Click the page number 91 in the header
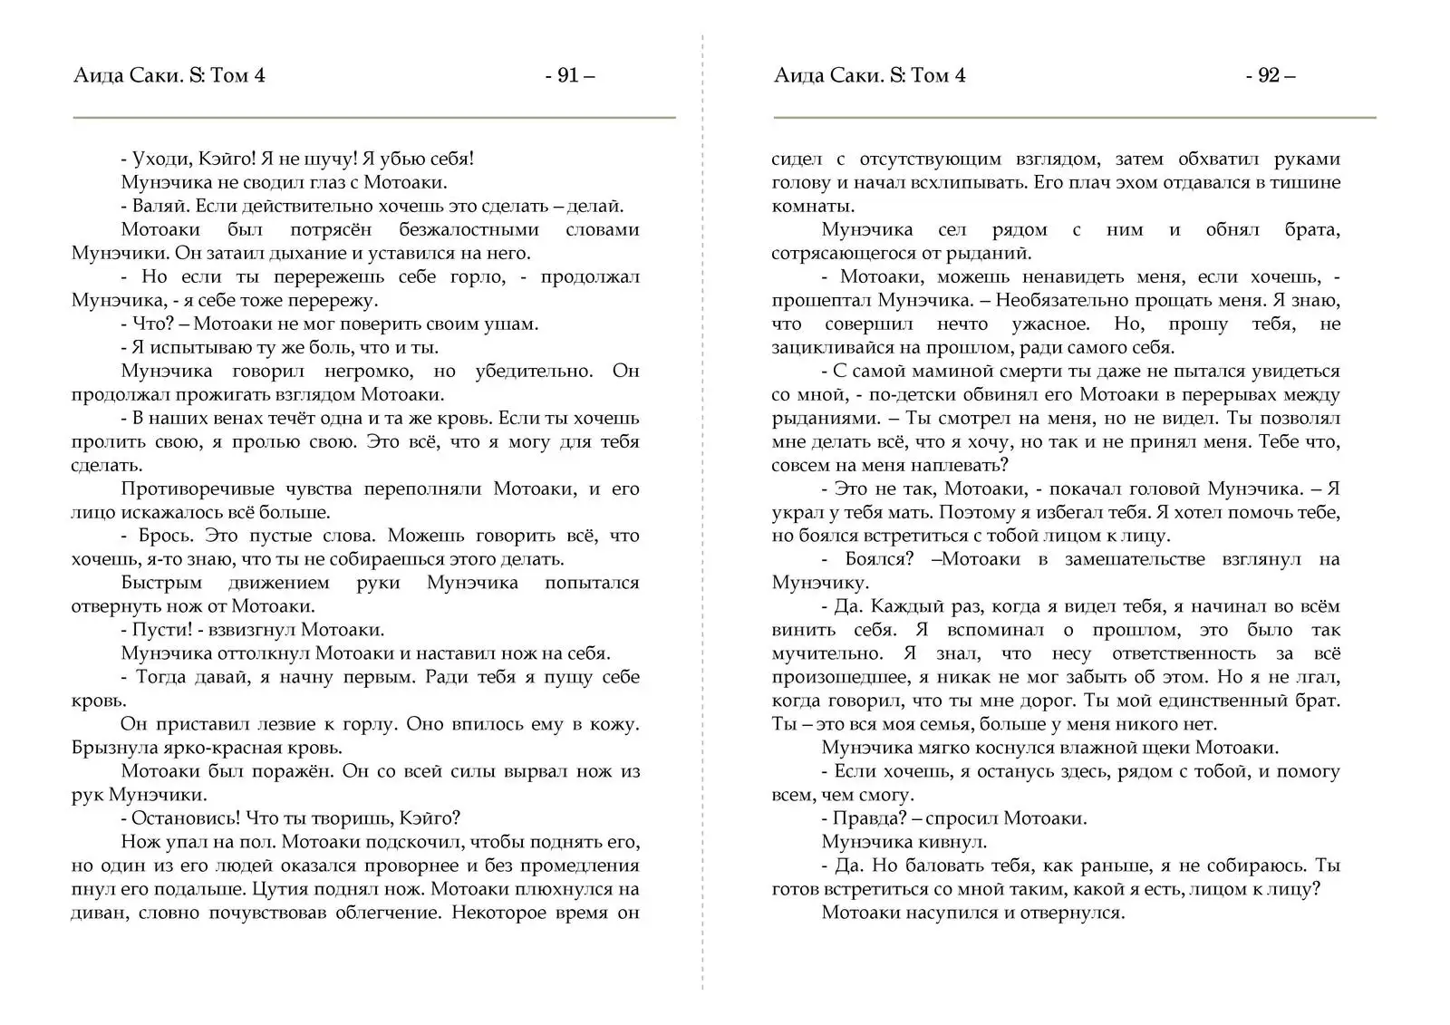click(x=568, y=75)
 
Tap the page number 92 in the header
click(x=1269, y=75)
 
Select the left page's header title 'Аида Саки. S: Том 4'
click(x=169, y=75)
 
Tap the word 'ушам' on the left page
click(x=510, y=324)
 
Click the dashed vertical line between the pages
click(x=702, y=544)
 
